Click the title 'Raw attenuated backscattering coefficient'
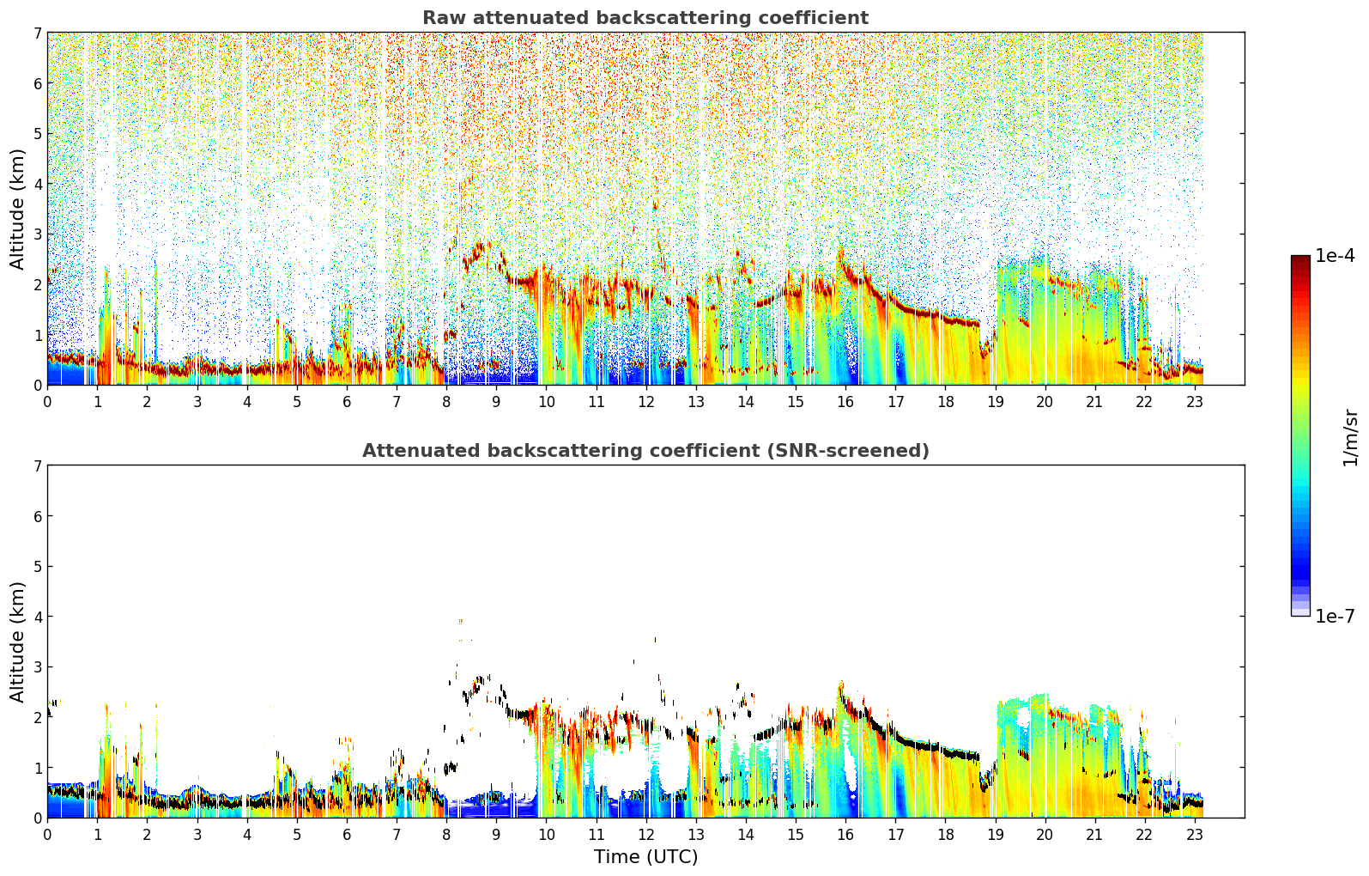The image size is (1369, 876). (x=645, y=18)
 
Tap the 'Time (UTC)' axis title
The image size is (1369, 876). (x=645, y=857)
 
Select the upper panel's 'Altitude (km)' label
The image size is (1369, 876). (x=17, y=210)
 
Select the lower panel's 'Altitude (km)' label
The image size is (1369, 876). (x=17, y=642)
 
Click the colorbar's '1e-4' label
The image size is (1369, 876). (x=1335, y=256)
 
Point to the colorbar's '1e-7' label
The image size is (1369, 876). (x=1335, y=616)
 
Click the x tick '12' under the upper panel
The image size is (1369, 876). (x=646, y=402)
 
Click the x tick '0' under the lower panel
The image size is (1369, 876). (x=48, y=835)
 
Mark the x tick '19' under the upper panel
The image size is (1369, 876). (x=996, y=402)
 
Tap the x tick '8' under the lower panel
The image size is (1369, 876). (x=447, y=835)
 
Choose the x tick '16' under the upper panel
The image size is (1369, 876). (x=845, y=402)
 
